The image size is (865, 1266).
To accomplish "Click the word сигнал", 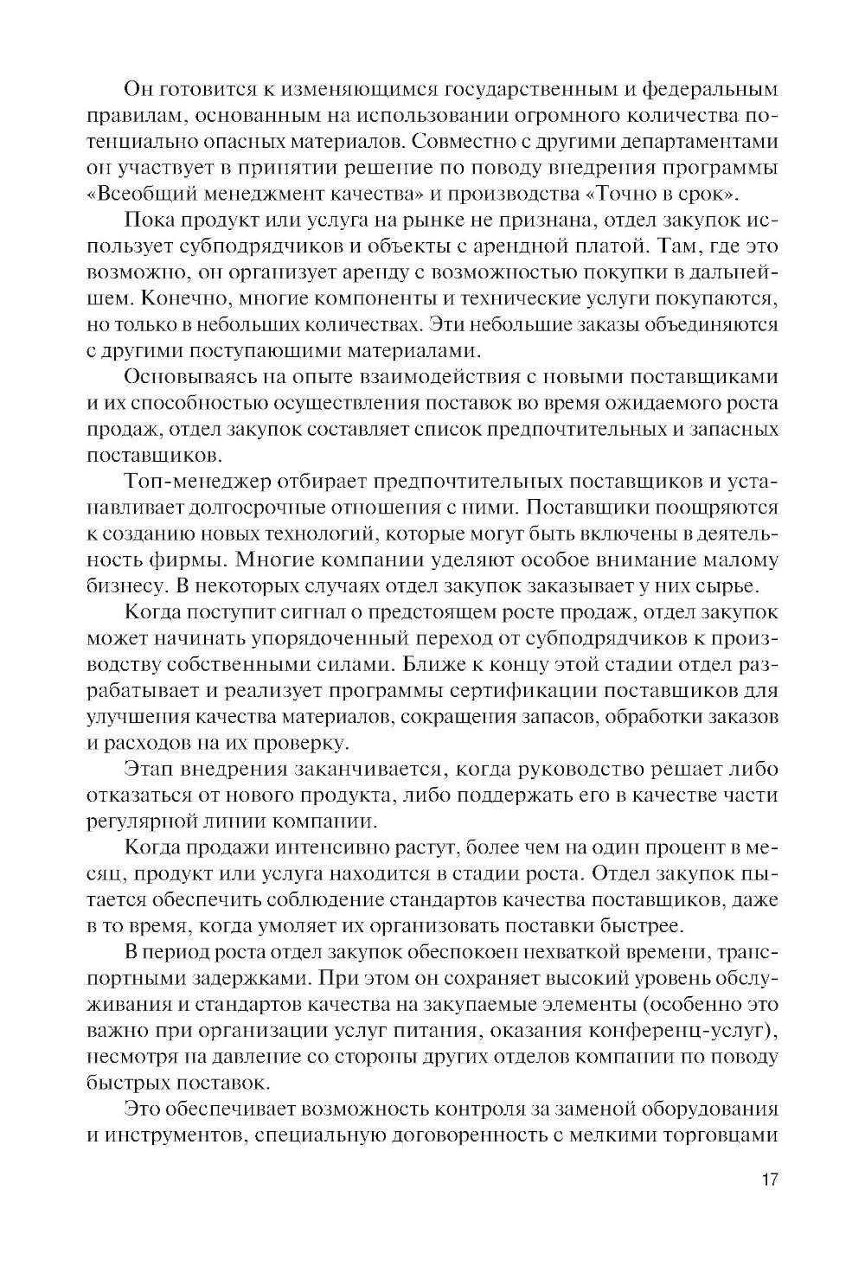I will pos(341,613).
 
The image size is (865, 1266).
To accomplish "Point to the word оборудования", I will pos(702,1109).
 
